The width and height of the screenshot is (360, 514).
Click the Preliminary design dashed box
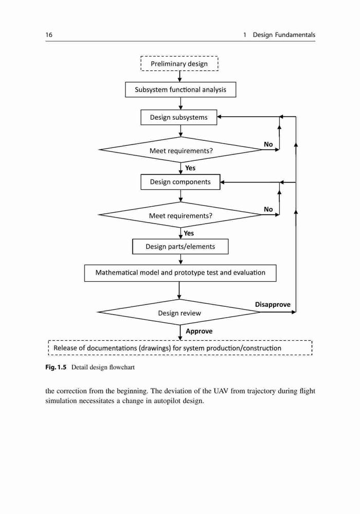click(179, 64)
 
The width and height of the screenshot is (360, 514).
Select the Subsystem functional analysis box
click(181, 89)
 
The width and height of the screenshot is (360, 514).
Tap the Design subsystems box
click(178, 117)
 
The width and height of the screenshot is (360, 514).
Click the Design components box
click(181, 182)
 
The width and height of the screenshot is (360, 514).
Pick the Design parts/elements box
click(181, 247)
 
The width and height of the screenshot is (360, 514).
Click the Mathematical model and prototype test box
click(181, 273)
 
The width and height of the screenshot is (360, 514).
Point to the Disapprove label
click(273, 304)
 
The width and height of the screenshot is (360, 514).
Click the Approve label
click(199, 331)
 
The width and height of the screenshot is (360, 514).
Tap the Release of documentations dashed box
click(180, 348)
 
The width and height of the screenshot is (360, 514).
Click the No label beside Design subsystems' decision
click(268, 144)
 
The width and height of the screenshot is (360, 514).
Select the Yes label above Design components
click(190, 168)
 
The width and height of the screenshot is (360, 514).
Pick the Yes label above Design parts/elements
click(189, 233)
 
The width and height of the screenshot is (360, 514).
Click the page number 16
click(49, 35)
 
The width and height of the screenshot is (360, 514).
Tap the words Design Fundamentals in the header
click(284, 35)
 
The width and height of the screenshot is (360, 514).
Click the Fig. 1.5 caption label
click(56, 367)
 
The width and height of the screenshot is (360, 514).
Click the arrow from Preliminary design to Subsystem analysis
click(180, 77)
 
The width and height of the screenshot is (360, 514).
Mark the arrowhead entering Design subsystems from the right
click(220, 116)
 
